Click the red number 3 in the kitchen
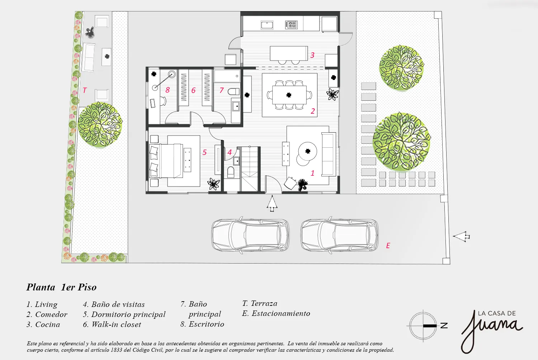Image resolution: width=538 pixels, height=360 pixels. pyautogui.click(x=312, y=55)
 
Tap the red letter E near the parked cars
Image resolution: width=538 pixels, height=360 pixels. pyautogui.click(x=388, y=246)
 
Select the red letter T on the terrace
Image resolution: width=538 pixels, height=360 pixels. pyautogui.click(x=85, y=90)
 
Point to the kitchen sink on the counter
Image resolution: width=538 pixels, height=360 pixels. pyautogui.click(x=267, y=25)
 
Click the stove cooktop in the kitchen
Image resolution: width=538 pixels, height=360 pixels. pyautogui.click(x=291, y=24)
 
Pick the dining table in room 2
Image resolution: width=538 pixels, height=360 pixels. pyautogui.click(x=289, y=95)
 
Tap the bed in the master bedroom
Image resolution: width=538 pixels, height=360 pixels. pyautogui.click(x=166, y=161)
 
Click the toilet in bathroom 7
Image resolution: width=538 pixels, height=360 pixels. pyautogui.click(x=233, y=91)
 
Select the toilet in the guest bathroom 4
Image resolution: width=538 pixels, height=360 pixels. pyautogui.click(x=231, y=172)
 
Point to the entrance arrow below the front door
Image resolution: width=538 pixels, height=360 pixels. pyautogui.click(x=272, y=203)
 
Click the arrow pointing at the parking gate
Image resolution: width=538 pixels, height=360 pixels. pyautogui.click(x=461, y=237)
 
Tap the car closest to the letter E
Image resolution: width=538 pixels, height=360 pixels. pyautogui.click(x=340, y=235)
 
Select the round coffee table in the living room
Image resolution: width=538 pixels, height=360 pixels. pyautogui.click(x=307, y=151)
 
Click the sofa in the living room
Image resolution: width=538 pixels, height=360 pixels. pyautogui.click(x=329, y=154)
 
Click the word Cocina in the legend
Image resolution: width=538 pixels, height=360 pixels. pyautogui.click(x=48, y=325)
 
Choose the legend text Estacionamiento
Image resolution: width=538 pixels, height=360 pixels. pyautogui.click(x=281, y=313)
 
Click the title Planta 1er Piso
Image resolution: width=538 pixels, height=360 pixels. pyautogui.click(x=61, y=287)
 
